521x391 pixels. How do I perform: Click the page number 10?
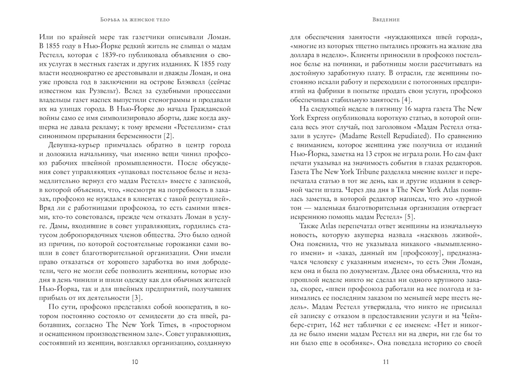click(x=135, y=362)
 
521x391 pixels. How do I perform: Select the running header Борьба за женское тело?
click(x=135, y=20)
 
